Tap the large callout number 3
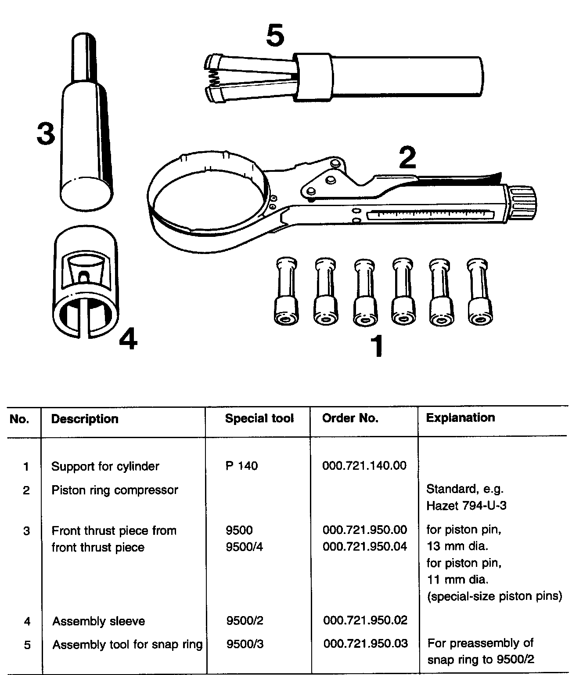point(46,134)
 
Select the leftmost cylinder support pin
point(286,292)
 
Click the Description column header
point(85,419)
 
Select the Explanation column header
point(460,417)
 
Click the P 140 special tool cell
point(241,466)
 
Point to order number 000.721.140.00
point(364,465)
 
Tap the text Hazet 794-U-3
point(466,506)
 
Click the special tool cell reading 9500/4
point(245,547)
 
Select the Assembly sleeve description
point(98,621)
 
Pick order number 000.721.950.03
point(365,644)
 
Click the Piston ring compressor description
point(115,490)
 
